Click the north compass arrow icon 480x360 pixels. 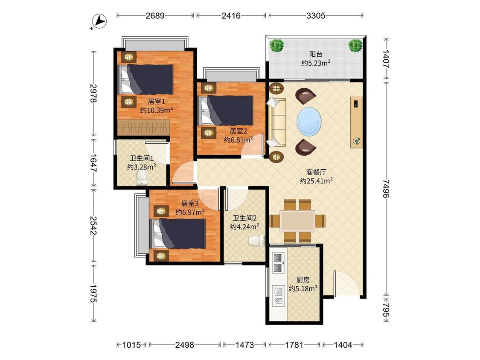tap(99, 22)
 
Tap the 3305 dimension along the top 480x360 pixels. tap(316, 15)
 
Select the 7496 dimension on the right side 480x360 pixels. tap(386, 189)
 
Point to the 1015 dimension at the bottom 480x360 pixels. tap(131, 345)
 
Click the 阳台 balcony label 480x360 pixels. tap(316, 55)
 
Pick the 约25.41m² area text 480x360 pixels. tap(316, 181)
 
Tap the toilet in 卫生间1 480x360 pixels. tap(142, 178)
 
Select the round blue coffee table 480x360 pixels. tap(309, 121)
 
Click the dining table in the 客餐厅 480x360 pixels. tap(297, 221)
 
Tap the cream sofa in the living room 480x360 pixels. tap(276, 122)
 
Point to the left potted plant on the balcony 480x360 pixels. tap(277, 46)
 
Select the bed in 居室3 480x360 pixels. tap(178, 233)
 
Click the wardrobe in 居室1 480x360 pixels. tap(143, 128)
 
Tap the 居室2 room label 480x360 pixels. tap(238, 131)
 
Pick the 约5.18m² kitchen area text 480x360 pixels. tap(303, 289)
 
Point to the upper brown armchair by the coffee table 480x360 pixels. tap(305, 96)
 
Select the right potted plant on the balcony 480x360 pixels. tap(355, 45)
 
